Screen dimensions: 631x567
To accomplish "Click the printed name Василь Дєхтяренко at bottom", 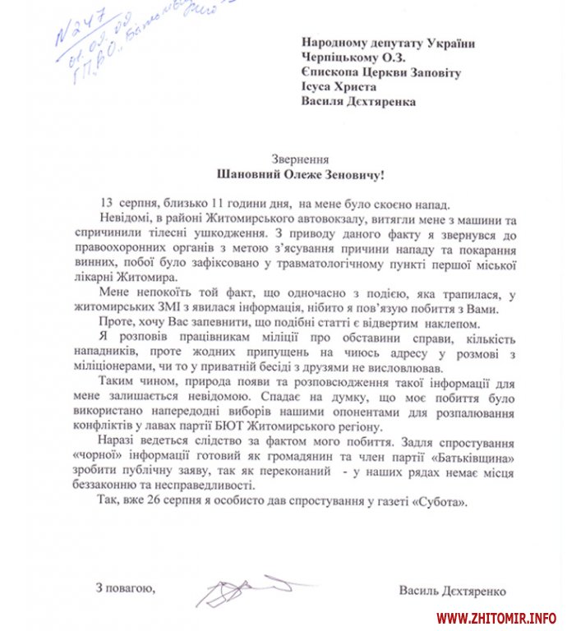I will click(451, 590).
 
